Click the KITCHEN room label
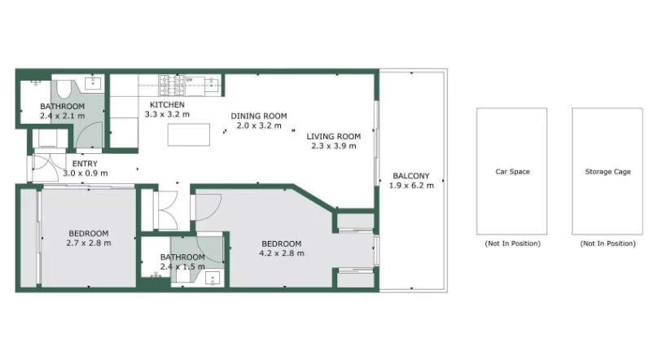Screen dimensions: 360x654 click(166, 105)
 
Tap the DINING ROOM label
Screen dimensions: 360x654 click(258, 116)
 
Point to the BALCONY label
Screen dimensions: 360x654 click(411, 176)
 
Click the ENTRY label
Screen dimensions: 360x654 click(85, 163)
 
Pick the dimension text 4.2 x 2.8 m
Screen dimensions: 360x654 click(282, 253)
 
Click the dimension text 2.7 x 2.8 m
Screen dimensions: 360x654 click(88, 242)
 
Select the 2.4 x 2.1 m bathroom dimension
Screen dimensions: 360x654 click(62, 116)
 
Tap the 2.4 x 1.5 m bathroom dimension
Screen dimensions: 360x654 click(182, 266)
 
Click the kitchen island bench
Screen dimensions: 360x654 click(189, 134)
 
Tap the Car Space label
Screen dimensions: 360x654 click(511, 172)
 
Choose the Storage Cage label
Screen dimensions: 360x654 click(608, 172)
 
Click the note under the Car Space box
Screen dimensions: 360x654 click(511, 244)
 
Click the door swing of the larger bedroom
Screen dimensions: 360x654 click(208, 206)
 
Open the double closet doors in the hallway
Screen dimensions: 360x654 click(168, 210)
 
